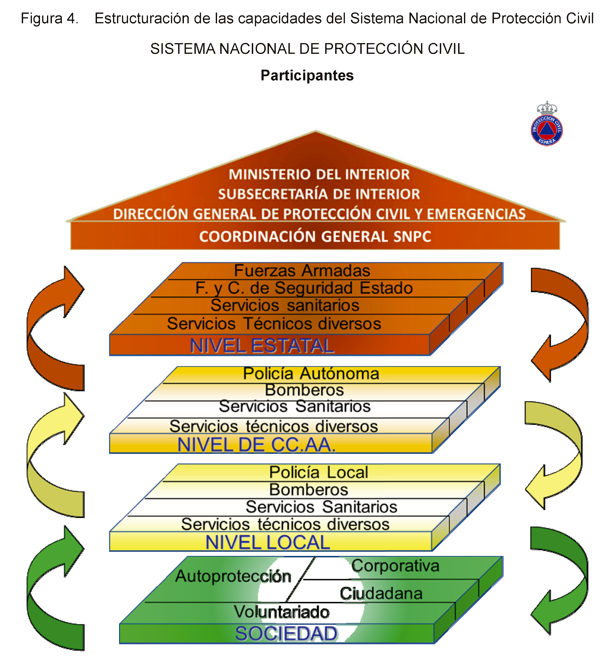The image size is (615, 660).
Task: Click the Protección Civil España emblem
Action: pos(546,130)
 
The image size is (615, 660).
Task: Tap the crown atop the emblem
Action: pos(547,108)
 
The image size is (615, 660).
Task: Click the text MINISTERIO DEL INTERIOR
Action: pos(319,175)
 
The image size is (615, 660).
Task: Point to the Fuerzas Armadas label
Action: pos(302,271)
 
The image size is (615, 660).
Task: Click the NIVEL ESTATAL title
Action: pos(262,345)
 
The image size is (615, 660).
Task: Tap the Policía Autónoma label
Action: pos(311,374)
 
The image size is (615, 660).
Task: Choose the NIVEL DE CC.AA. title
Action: pos(256,445)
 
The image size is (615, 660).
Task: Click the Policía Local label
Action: pos(318,472)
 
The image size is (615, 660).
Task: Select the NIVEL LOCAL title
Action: pos(267,543)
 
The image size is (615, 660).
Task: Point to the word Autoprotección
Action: pos(233,576)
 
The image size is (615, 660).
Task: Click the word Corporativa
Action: pos(395,566)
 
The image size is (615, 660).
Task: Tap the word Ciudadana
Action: pos(381,594)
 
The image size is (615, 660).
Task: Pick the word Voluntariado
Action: pos(281,612)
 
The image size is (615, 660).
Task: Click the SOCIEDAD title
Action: pos(286,634)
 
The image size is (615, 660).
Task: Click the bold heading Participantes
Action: pos(307,75)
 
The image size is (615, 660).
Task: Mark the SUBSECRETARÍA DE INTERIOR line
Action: pos(319,194)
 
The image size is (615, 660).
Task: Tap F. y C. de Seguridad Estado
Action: pos(304,288)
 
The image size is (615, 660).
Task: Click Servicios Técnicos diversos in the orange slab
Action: pos(274,323)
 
